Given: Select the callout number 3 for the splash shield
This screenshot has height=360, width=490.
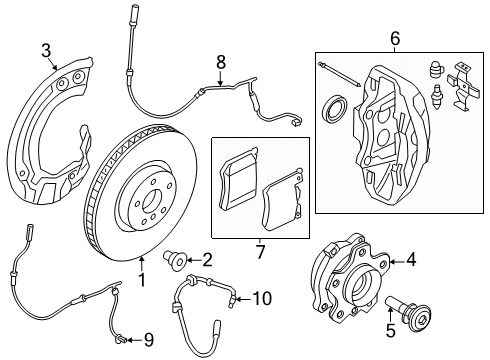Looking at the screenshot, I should pyautogui.click(x=46, y=51).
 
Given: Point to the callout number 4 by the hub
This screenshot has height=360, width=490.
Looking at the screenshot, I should pyautogui.click(x=410, y=262).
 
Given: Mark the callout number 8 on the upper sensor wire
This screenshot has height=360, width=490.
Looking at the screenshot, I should pyautogui.click(x=221, y=64).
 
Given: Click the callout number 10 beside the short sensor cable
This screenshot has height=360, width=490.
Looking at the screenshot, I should pyautogui.click(x=261, y=297).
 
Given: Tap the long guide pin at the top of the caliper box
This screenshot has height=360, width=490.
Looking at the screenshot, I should pyautogui.click(x=344, y=72).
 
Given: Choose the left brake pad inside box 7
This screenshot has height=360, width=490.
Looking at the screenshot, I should pyautogui.click(x=239, y=177).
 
